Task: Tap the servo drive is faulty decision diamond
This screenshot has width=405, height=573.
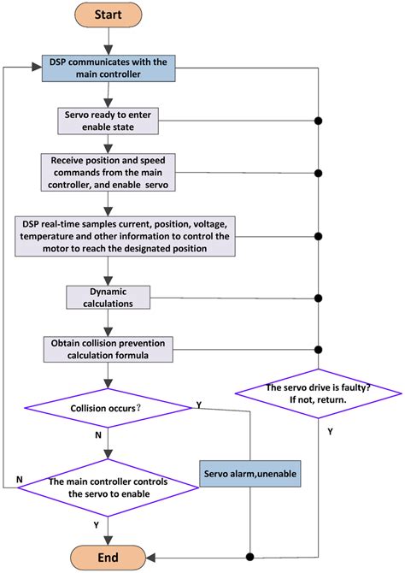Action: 318,394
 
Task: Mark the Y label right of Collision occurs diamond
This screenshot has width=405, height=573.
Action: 199,402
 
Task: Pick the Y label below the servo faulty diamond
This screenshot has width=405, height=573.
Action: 330,432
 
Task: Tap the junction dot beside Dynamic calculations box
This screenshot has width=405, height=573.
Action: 318,298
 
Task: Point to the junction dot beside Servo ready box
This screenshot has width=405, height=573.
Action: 318,121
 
